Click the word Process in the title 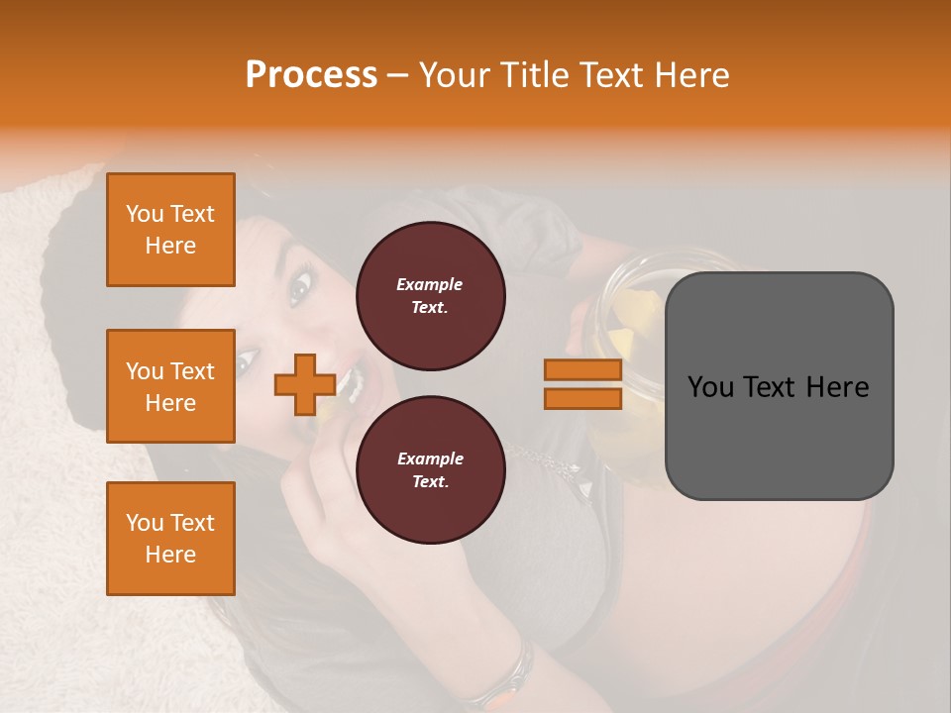[311, 75]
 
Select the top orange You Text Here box [170, 230]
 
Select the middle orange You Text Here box [170, 386]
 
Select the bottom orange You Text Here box [170, 539]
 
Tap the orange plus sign [304, 384]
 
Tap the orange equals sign [582, 384]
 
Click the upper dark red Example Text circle [430, 295]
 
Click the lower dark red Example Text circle [430, 469]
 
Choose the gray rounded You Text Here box [779, 386]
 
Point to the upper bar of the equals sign [582, 370]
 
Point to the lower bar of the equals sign [582, 398]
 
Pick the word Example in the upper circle [430, 284]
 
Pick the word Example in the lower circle [430, 458]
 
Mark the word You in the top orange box [144, 214]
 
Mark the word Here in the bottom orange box [170, 555]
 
